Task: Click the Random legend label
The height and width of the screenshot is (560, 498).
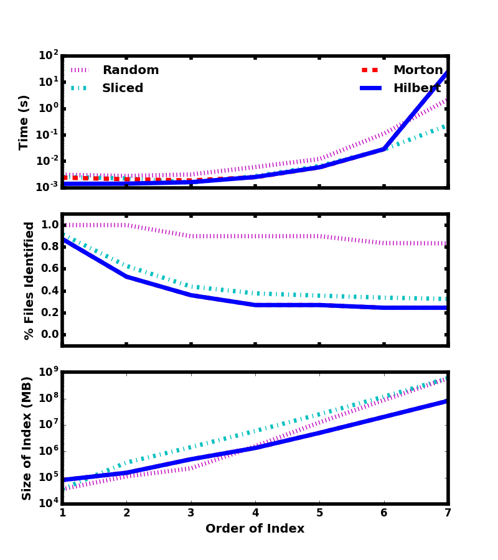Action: coord(130,70)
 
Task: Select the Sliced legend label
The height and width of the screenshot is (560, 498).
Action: coord(123,88)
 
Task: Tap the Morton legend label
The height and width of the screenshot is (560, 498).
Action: coord(418,70)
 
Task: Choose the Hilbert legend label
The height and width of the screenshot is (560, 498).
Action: coord(416,88)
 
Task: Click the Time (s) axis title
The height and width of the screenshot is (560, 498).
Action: coord(24,122)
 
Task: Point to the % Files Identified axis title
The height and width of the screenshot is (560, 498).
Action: coord(29,280)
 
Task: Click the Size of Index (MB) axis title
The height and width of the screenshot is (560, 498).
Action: coord(27,437)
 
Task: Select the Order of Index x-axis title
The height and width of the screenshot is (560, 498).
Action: coord(255,529)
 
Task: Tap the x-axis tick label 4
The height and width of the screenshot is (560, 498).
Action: coord(255,513)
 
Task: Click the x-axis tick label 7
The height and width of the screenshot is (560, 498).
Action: coord(448,513)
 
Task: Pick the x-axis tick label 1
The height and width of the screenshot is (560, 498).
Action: coord(62,513)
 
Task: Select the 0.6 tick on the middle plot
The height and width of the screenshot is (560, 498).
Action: coord(50,269)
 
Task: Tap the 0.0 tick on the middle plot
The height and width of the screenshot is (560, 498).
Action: coord(50,335)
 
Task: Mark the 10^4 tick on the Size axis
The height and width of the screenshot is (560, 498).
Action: coord(49,503)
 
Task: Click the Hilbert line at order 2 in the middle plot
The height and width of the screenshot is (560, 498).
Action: coord(126,276)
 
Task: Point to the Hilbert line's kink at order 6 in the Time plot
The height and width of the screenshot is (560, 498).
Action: coord(383,149)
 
